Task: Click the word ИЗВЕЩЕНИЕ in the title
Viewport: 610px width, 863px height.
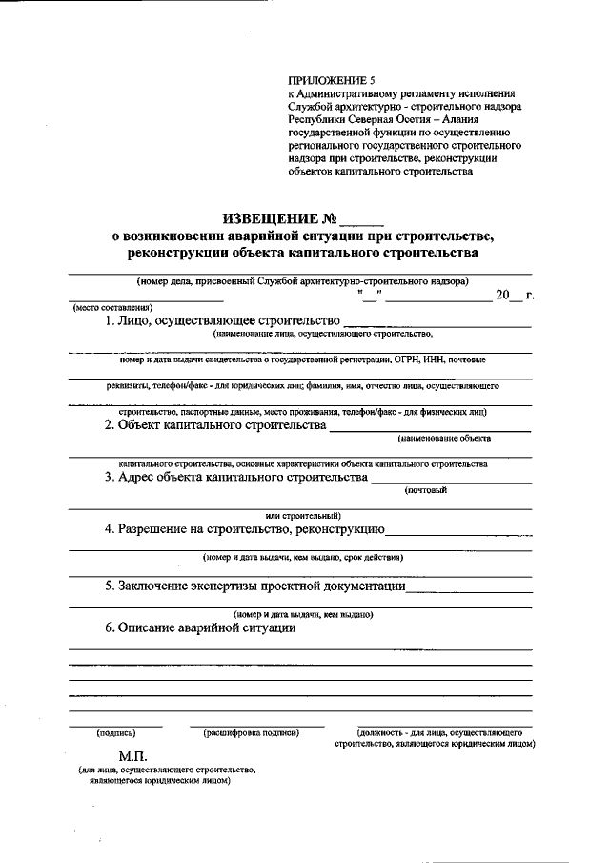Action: point(272,219)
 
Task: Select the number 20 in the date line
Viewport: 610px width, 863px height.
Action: point(502,294)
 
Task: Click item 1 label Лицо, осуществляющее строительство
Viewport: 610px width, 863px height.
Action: point(221,321)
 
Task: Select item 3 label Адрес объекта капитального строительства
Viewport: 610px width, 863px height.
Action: point(235,477)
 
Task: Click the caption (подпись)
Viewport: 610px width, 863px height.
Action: point(115,733)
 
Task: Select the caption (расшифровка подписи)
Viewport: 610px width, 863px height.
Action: point(252,733)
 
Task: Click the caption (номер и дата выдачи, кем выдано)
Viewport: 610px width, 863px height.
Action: point(302,615)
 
